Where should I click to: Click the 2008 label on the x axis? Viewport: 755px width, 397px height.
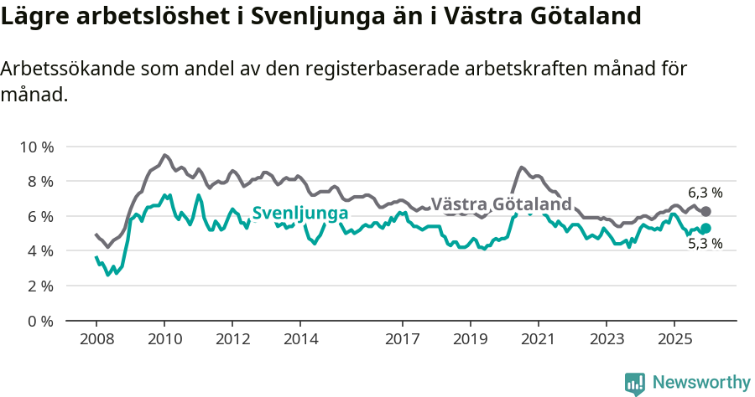[x=96, y=339]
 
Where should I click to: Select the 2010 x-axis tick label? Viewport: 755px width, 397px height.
[x=164, y=339]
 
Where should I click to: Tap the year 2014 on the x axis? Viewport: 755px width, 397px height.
[x=299, y=339]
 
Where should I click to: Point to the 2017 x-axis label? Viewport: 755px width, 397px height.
[x=402, y=339]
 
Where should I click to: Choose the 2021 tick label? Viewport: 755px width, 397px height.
[x=538, y=339]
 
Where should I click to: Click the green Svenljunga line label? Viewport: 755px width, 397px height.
[x=299, y=214]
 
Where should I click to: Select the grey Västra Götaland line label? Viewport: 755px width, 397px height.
[x=501, y=204]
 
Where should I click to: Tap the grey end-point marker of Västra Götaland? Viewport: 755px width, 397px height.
[x=706, y=212]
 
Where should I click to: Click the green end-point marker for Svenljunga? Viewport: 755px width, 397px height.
[x=706, y=229]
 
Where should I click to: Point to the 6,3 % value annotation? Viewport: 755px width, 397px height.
[x=705, y=193]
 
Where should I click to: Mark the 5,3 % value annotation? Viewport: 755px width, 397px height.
[x=705, y=245]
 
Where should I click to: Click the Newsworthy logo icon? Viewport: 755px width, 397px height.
[x=635, y=384]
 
